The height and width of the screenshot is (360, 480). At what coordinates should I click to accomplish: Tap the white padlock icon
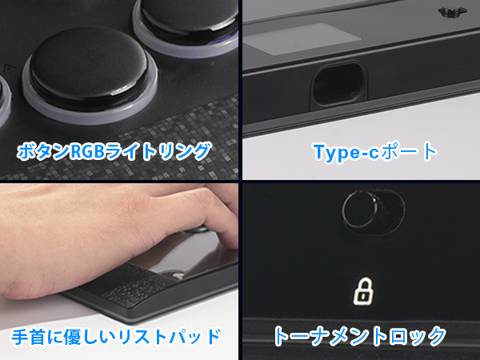(363, 291)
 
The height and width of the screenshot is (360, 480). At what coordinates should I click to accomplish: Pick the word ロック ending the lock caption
(417, 335)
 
